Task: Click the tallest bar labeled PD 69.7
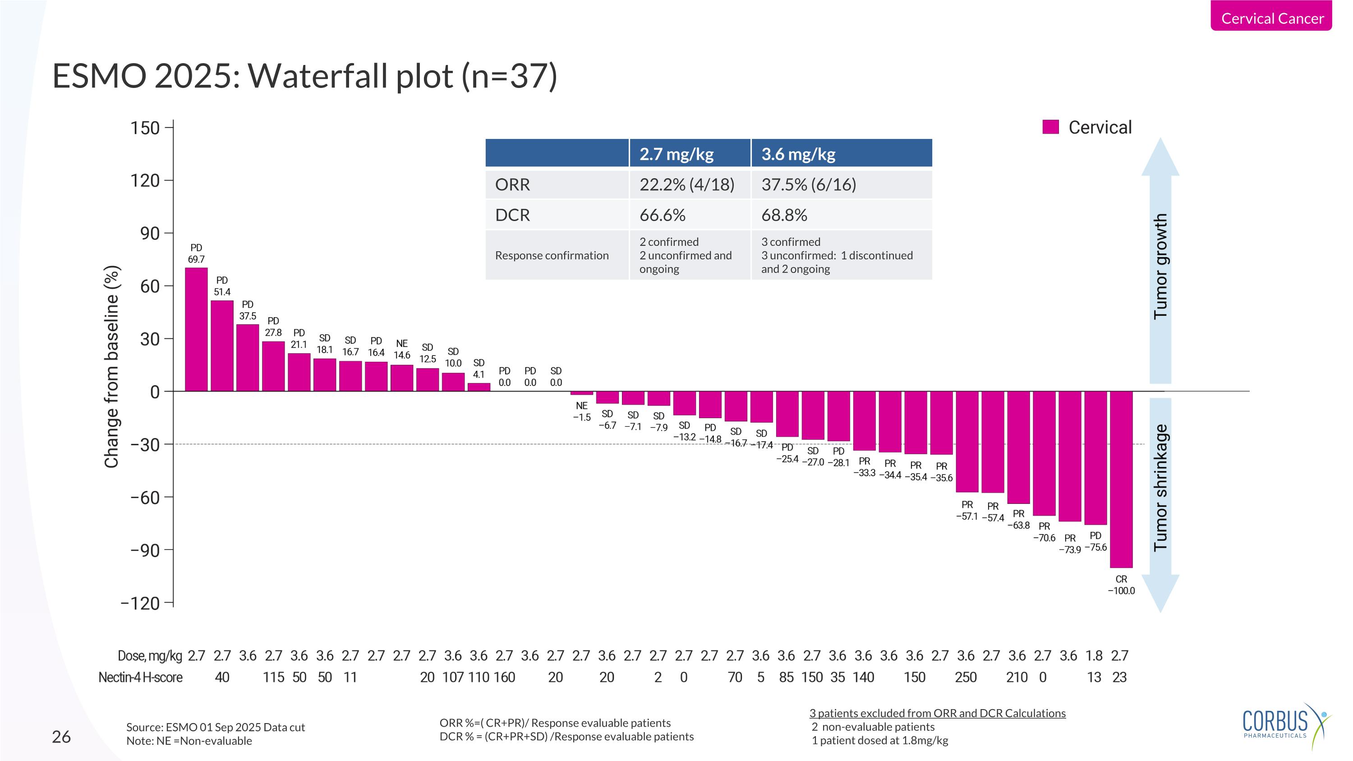[196, 329]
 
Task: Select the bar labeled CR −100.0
[1121, 479]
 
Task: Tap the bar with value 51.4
[221, 346]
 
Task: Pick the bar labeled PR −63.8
[1018, 447]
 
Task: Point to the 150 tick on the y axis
[145, 128]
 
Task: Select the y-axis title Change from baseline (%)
[112, 367]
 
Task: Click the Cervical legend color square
[1050, 127]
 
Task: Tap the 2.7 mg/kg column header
[676, 154]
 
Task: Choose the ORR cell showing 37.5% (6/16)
[808, 184]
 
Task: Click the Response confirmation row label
[552, 255]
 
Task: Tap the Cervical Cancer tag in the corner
[1271, 18]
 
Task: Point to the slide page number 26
[61, 737]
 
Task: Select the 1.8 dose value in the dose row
[1094, 655]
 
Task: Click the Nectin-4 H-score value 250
[966, 678]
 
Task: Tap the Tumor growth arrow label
[1160, 266]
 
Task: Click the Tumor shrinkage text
[1160, 487]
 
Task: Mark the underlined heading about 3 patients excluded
[937, 713]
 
